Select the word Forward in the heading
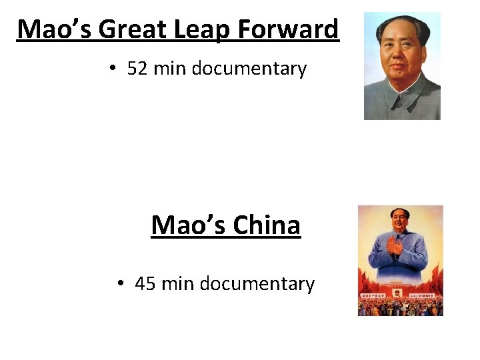coord(291,29)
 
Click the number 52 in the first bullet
coord(137,69)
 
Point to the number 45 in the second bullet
coord(145,284)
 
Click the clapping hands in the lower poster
coord(395,247)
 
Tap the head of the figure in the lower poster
coord(400,221)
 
